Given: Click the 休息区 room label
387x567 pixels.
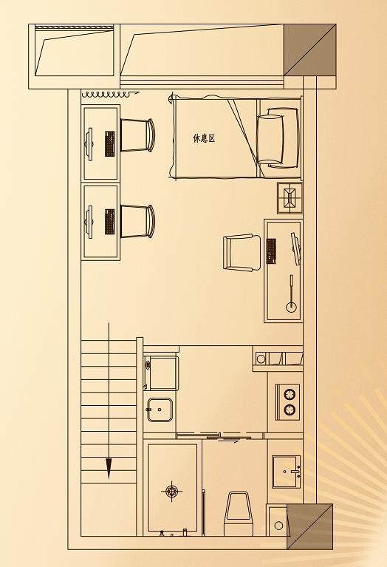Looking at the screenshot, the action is [204, 138].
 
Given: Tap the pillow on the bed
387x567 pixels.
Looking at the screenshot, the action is [269, 139].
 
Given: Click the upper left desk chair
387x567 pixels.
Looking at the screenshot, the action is [137, 135].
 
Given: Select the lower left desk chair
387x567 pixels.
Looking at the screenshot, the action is [137, 221].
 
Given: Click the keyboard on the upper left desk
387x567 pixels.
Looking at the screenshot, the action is [110, 143].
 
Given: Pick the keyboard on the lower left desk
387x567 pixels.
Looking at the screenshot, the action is [110, 221].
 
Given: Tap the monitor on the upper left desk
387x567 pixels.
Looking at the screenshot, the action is [89, 144].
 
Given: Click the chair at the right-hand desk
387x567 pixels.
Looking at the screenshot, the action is [242, 252].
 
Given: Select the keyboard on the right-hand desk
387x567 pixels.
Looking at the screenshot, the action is [271, 251].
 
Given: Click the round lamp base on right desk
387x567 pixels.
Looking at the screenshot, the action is [291, 308].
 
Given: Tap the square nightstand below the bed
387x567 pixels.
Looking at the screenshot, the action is [290, 198].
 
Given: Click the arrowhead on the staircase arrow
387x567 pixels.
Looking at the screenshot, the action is [109, 469].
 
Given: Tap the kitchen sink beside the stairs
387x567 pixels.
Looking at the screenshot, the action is [160, 410].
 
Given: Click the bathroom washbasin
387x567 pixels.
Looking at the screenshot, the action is [286, 472].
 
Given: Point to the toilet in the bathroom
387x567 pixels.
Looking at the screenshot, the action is [237, 513].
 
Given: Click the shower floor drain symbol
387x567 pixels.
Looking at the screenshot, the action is [171, 491].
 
